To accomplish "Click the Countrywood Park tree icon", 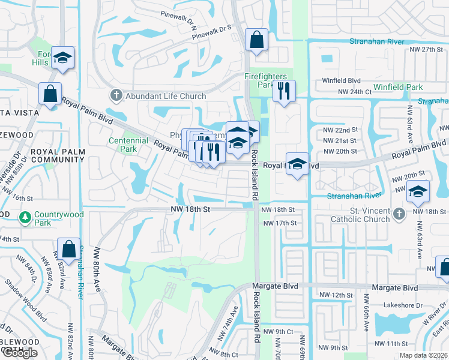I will (25, 217).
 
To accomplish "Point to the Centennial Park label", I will (128, 145).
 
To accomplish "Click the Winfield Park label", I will (398, 88).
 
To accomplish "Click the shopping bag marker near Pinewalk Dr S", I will (256, 41).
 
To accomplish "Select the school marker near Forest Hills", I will (62, 58).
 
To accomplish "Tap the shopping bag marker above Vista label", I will (50, 93).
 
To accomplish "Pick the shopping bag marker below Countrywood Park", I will (68, 248).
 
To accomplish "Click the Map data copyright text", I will (424, 355).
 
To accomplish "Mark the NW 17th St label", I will (280, 223).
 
